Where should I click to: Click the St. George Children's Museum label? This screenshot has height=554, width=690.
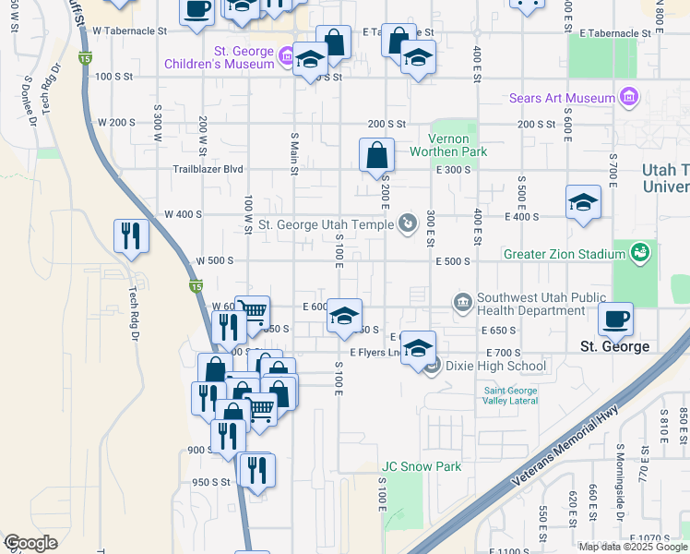click(x=219, y=57)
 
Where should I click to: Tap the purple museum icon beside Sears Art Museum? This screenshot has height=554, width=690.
click(x=630, y=97)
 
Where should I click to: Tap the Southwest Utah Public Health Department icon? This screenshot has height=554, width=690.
click(x=462, y=303)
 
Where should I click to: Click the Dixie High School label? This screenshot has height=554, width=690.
click(x=495, y=366)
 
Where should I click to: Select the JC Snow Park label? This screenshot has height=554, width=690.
click(x=422, y=466)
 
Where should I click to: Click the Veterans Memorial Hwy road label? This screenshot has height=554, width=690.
click(x=556, y=461)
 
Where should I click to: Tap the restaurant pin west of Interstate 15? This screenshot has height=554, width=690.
click(x=131, y=235)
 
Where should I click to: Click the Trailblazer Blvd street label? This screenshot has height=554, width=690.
click(x=208, y=170)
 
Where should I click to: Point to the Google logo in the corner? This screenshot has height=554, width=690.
click(x=30, y=543)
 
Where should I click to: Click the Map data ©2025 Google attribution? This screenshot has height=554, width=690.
click(x=633, y=547)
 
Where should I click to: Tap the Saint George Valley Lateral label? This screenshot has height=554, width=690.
click(x=509, y=395)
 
